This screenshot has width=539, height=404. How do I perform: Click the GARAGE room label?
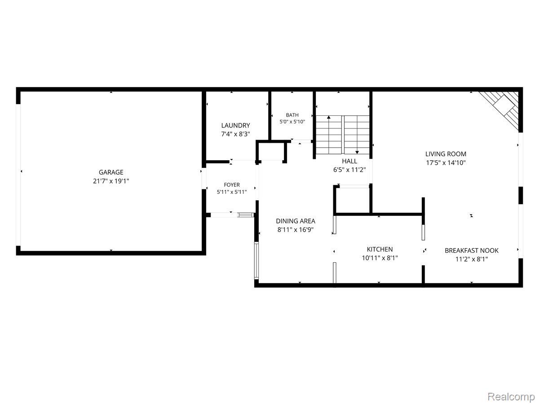pyautogui.click(x=111, y=172)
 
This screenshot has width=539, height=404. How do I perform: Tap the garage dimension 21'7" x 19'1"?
pyautogui.click(x=111, y=181)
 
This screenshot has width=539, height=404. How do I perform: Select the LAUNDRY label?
pyautogui.click(x=235, y=125)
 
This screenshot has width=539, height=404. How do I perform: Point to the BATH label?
pyautogui.click(x=292, y=115)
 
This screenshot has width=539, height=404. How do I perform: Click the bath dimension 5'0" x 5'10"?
pyautogui.click(x=292, y=121)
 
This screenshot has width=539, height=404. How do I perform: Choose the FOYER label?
pyautogui.click(x=232, y=184)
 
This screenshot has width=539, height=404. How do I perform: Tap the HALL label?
pyautogui.click(x=349, y=161)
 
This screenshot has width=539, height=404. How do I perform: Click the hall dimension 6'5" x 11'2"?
pyautogui.click(x=349, y=170)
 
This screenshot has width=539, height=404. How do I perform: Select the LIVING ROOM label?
pyautogui.click(x=446, y=154)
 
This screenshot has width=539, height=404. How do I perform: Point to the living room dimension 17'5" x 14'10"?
pyautogui.click(x=446, y=162)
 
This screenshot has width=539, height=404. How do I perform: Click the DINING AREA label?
pyautogui.click(x=296, y=221)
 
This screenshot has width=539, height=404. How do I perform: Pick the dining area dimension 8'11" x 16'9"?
pyautogui.click(x=296, y=229)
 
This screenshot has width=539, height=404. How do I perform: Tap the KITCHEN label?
pyautogui.click(x=380, y=249)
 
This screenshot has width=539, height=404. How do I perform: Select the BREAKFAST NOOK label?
pyautogui.click(x=472, y=250)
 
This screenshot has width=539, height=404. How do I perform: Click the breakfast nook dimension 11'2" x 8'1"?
pyautogui.click(x=472, y=259)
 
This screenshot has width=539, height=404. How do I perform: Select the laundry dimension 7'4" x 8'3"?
pyautogui.click(x=235, y=134)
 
